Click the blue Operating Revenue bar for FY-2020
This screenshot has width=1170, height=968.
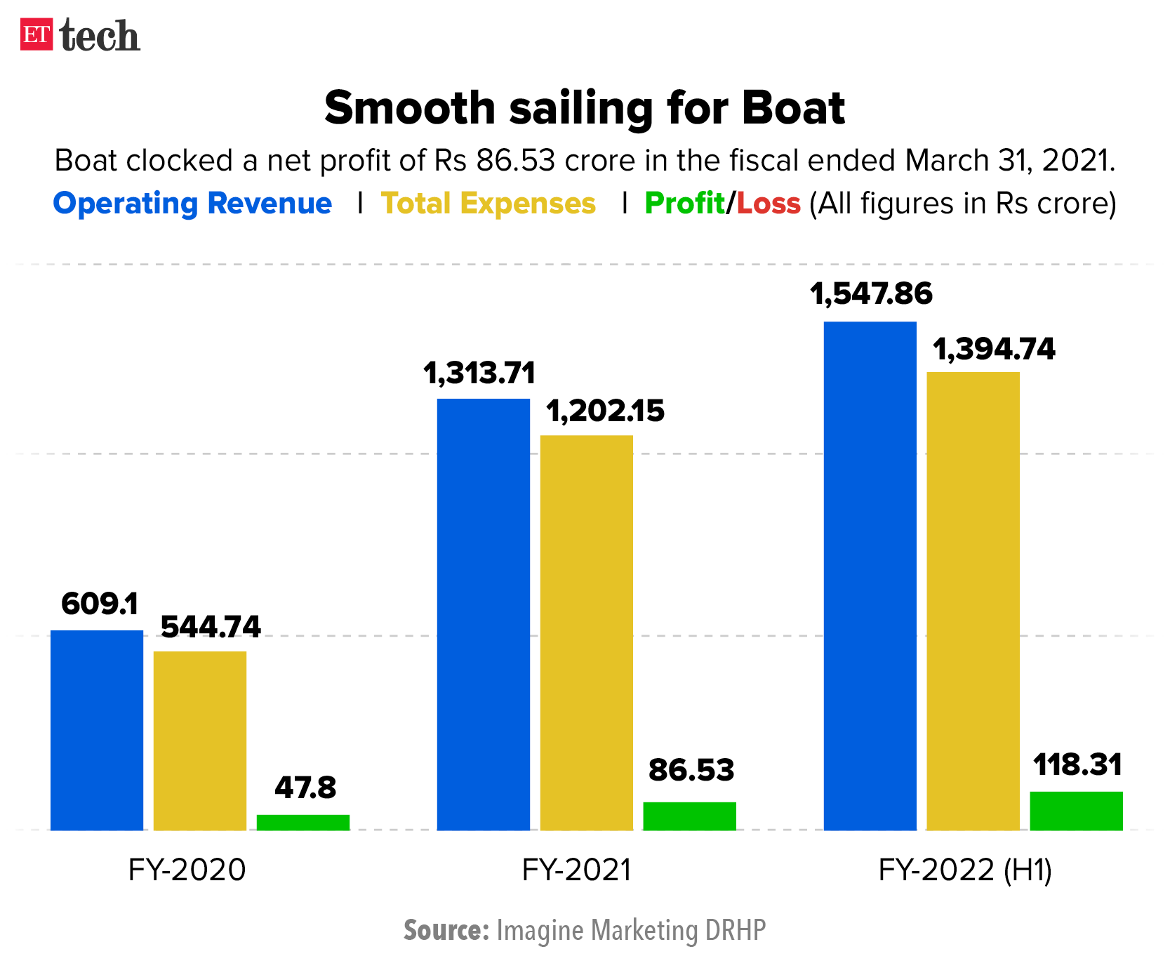(97, 730)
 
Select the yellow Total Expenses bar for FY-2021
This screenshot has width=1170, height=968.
(586, 632)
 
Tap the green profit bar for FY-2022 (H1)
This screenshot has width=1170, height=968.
(1076, 811)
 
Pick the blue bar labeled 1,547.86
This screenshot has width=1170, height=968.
(870, 576)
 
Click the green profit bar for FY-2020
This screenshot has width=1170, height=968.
(303, 822)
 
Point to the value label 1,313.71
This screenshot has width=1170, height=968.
(479, 373)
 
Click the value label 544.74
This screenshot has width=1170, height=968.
(211, 627)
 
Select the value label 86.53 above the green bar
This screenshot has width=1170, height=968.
(691, 770)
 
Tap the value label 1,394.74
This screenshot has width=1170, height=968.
(993, 349)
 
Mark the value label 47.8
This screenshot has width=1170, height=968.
(305, 788)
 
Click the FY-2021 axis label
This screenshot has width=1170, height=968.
(576, 870)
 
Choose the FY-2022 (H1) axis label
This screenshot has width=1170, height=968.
(965, 870)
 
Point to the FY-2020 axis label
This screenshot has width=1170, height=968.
(187, 870)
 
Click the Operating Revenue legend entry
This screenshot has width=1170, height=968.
(192, 204)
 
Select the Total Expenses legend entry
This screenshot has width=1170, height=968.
(488, 204)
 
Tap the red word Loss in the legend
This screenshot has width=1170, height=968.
(769, 204)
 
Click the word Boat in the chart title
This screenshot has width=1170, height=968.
(793, 108)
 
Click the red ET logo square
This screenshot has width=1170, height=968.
(36, 34)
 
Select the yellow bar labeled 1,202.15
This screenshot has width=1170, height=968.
(586, 632)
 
